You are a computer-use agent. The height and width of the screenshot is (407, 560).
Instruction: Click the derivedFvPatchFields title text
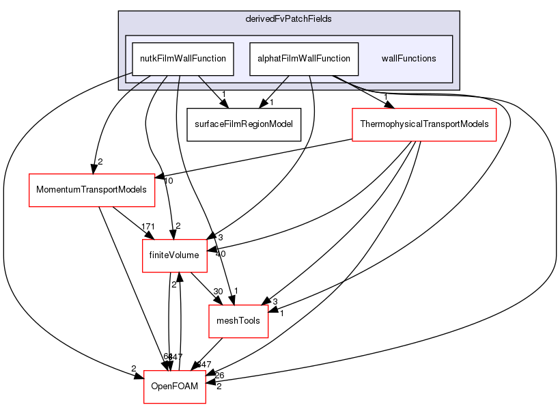pyautogui.click(x=288, y=18)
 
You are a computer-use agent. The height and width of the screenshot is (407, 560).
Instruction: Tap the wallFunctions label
pyautogui.click(x=408, y=59)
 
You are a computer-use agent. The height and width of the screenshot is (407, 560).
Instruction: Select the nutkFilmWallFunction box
pyautogui.click(x=183, y=59)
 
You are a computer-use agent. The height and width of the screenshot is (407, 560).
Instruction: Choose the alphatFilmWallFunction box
pyautogui.click(x=304, y=59)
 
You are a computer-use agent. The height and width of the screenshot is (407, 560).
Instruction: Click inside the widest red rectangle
pyautogui.click(x=423, y=125)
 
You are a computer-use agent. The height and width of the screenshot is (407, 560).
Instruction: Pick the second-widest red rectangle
pyautogui.click(x=92, y=191)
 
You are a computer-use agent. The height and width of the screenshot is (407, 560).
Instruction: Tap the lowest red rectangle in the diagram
pyautogui.click(x=174, y=387)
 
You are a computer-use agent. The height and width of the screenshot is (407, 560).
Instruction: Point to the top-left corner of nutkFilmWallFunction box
pyautogui.click(x=132, y=42)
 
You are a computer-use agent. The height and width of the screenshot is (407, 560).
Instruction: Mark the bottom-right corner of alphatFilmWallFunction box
pyautogui.click(x=359, y=75)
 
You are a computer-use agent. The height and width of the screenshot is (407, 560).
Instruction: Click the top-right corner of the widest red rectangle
pyautogui.click(x=496, y=109)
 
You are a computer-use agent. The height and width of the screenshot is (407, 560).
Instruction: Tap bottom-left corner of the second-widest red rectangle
pyautogui.click(x=29, y=206)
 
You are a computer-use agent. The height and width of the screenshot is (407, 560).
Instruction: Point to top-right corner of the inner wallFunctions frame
pyautogui.click(x=452, y=36)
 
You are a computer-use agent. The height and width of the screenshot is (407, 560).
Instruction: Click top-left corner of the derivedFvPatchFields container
pyautogui.click(x=119, y=12)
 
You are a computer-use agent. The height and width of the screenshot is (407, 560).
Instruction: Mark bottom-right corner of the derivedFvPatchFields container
pyautogui.click(x=458, y=89)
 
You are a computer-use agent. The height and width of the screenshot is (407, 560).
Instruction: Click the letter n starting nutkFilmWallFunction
pyautogui.click(x=142, y=59)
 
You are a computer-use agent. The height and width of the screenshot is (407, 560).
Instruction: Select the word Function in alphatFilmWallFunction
pyautogui.click(x=335, y=59)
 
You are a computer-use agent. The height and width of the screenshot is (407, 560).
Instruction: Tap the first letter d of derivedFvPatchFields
pyautogui.click(x=248, y=18)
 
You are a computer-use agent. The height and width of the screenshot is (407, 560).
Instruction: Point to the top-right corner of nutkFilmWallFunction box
pyautogui.click(x=234, y=42)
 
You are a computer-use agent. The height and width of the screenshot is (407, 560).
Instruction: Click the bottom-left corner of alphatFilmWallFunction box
pyautogui.click(x=250, y=75)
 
